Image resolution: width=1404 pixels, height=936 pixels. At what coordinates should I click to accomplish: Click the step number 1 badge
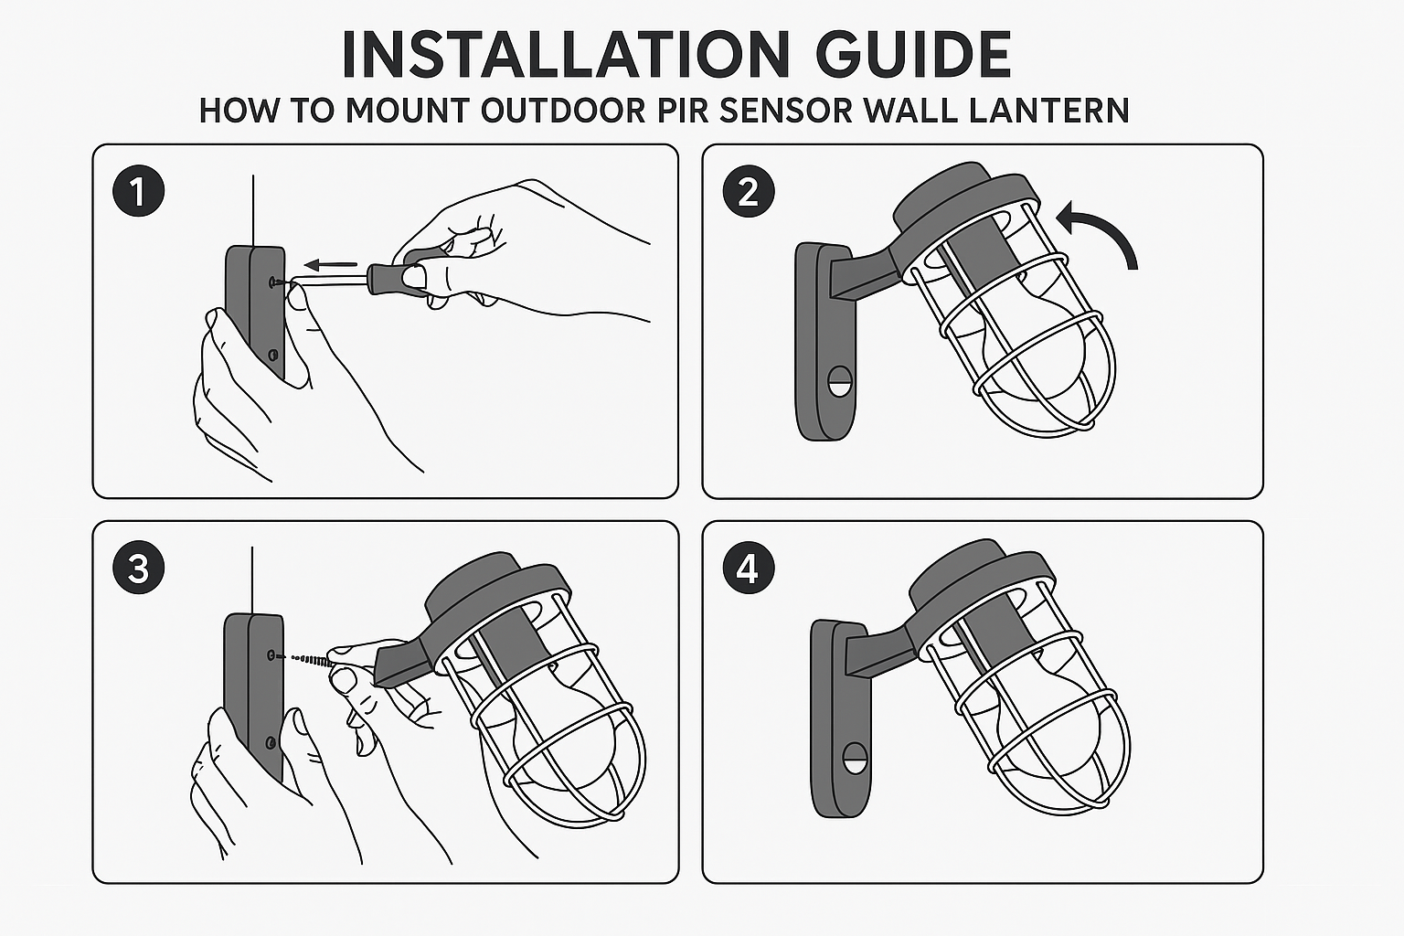[139, 191]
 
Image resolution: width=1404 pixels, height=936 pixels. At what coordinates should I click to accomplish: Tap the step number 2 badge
[749, 191]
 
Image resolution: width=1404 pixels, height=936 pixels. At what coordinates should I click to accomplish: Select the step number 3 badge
[139, 568]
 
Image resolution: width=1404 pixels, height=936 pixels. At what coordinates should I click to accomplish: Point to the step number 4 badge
[749, 568]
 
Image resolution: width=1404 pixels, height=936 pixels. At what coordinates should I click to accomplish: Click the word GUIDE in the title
[913, 54]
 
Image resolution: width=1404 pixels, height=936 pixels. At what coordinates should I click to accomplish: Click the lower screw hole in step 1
[272, 356]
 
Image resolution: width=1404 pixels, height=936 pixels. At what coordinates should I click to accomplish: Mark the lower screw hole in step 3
[271, 743]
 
